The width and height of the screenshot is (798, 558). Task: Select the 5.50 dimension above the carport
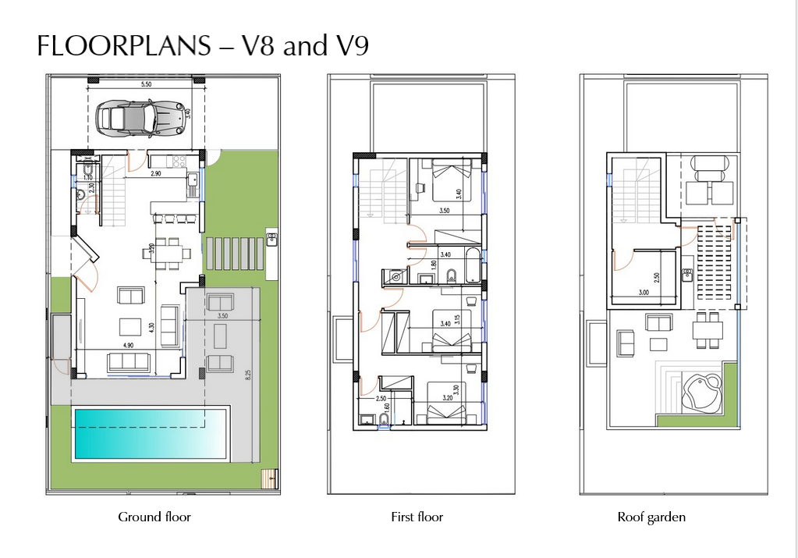(x=146, y=84)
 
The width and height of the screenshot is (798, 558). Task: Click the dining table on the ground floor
(x=166, y=251)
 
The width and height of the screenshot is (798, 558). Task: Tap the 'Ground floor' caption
(x=154, y=517)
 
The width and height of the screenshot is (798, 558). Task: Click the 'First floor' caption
(x=417, y=517)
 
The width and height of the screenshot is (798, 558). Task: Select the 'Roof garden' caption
(x=651, y=517)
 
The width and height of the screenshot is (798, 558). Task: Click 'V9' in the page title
(x=352, y=47)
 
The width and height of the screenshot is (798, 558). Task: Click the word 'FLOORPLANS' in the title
(x=124, y=47)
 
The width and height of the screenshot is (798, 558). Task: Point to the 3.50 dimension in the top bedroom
(x=445, y=211)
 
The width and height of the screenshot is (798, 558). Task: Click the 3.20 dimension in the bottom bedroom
(x=447, y=397)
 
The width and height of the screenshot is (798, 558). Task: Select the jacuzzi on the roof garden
(x=700, y=390)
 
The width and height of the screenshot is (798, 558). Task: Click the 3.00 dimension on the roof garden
(x=644, y=292)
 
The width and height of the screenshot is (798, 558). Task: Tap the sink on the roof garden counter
(x=687, y=274)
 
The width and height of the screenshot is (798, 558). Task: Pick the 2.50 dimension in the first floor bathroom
(x=381, y=399)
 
